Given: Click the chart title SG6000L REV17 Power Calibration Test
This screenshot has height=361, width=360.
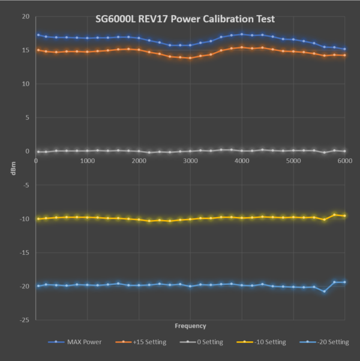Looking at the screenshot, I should point(185,19).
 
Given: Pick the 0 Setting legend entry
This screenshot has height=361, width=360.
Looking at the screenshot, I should point(205,342).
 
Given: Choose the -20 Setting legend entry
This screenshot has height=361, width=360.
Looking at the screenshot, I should point(329,342).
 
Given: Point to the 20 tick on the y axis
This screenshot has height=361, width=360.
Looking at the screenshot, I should point(25,16).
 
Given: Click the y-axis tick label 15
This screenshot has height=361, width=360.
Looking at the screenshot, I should point(25,50).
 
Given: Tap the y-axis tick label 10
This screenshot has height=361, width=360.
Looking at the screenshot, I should point(25,84).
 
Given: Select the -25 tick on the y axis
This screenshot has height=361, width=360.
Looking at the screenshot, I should point(24,320).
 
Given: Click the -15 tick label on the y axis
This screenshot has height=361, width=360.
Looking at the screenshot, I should point(24,252).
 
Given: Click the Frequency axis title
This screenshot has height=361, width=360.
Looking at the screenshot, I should point(190,326).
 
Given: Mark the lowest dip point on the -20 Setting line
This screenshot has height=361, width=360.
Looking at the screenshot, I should point(324,291).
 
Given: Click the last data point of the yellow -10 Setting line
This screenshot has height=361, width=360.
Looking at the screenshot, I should point(344,216).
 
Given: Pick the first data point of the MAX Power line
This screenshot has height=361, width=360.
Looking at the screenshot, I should point(38,35).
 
